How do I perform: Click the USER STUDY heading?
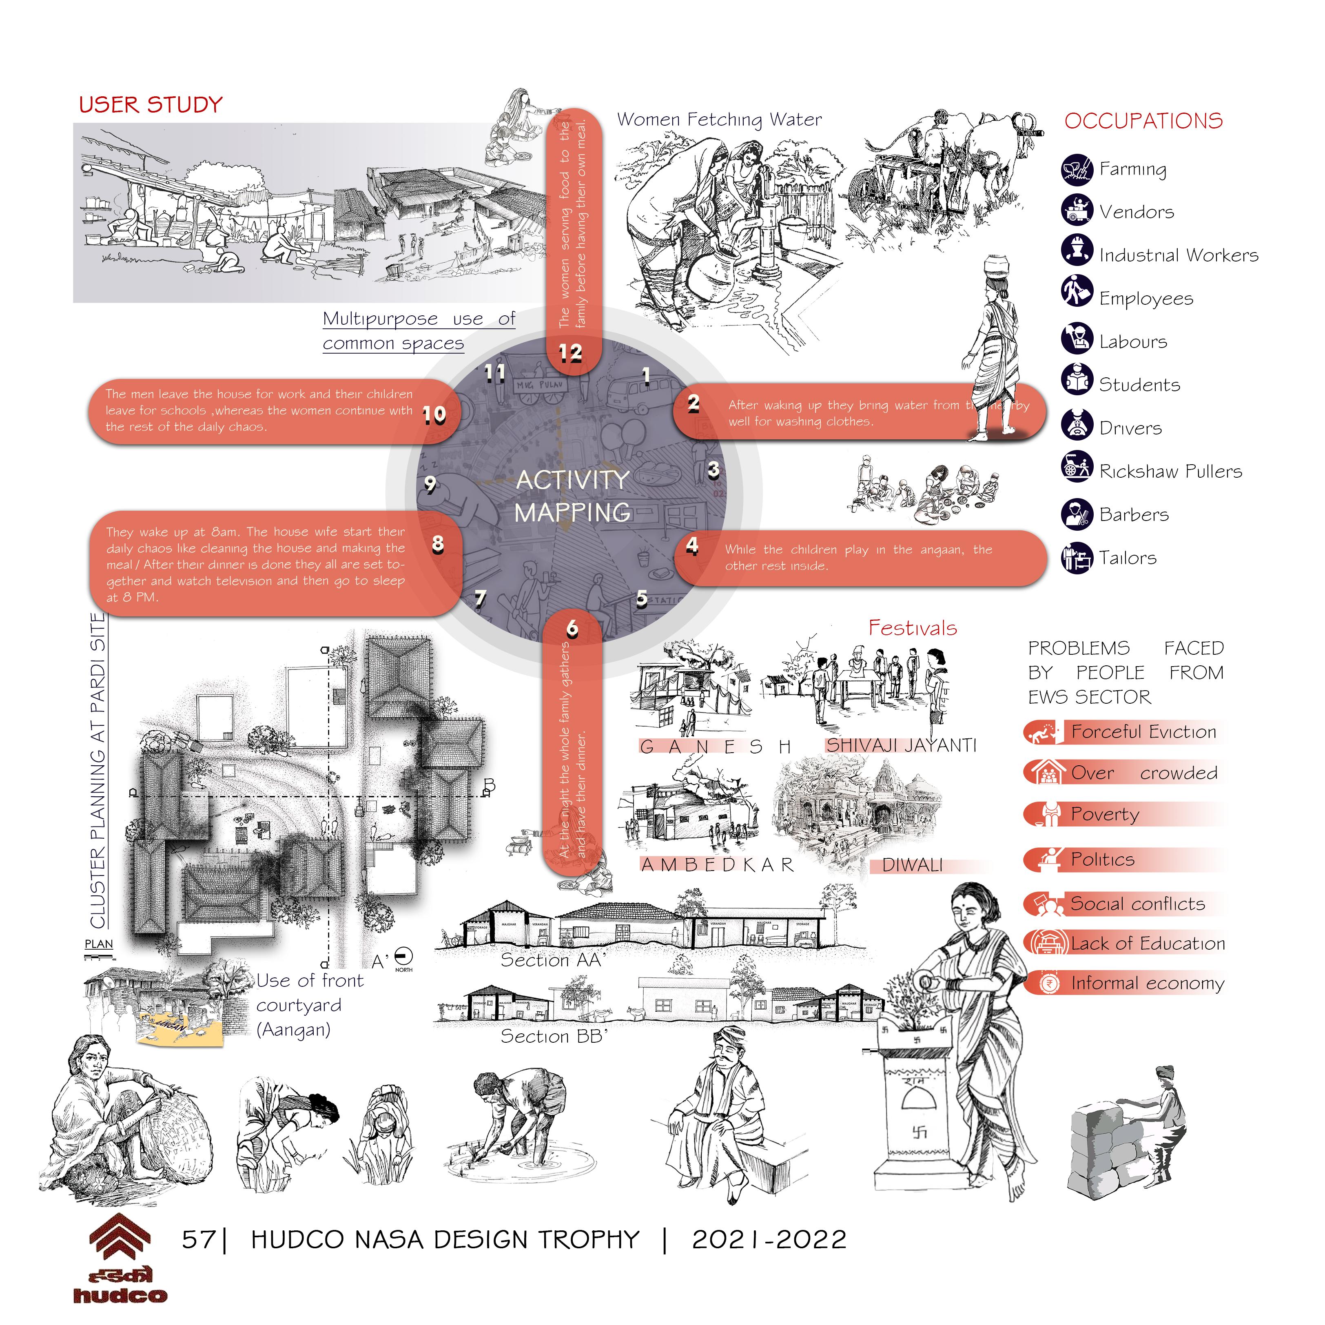point(151,105)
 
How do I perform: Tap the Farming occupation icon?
point(1077,169)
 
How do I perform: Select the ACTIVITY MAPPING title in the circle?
point(573,496)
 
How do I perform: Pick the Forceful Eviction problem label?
point(1143,732)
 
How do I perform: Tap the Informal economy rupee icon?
point(1047,984)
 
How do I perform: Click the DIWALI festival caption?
point(912,865)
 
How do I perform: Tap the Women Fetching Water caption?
point(719,120)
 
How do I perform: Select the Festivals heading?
point(912,627)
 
